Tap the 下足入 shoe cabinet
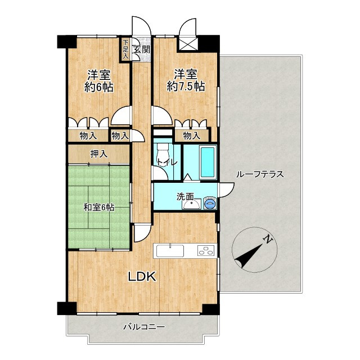click(x=125, y=49)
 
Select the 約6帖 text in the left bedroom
click(x=99, y=87)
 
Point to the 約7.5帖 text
click(x=186, y=87)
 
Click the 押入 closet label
click(x=99, y=154)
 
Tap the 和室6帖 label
click(x=99, y=208)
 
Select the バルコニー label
click(x=144, y=326)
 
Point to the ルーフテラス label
click(x=260, y=174)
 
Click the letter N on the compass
click(x=268, y=240)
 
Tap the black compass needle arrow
click(x=249, y=256)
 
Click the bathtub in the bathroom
click(x=208, y=163)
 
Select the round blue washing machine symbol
click(x=209, y=202)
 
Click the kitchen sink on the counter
click(x=170, y=251)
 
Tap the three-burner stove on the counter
click(x=207, y=250)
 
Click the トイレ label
click(x=167, y=163)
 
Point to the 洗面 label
click(x=185, y=197)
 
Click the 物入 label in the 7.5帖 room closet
click(x=192, y=136)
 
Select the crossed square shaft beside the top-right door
click(x=188, y=44)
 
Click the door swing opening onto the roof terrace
click(x=227, y=190)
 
